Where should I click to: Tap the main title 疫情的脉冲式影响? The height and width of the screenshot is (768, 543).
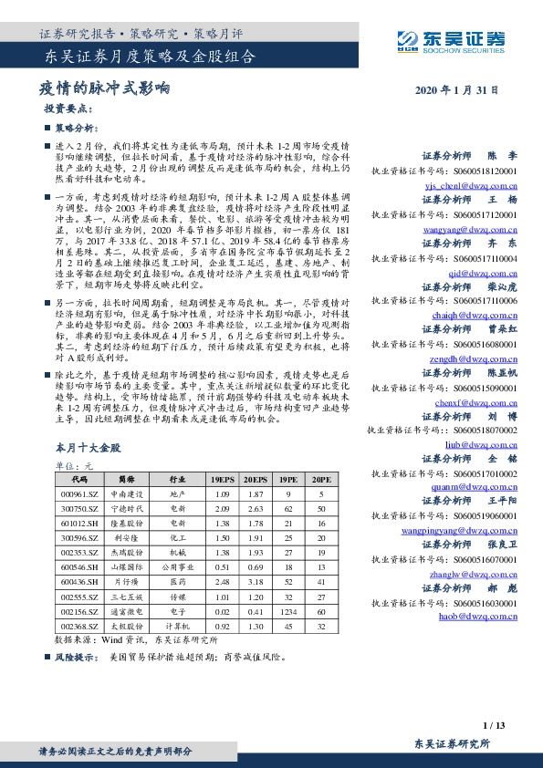point(104,89)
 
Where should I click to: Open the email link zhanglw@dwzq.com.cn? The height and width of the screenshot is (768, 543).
point(472,576)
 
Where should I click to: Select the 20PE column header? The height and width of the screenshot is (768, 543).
point(321,479)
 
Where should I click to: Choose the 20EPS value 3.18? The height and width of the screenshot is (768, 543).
point(256,580)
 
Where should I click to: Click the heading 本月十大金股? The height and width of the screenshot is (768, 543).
point(89,449)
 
